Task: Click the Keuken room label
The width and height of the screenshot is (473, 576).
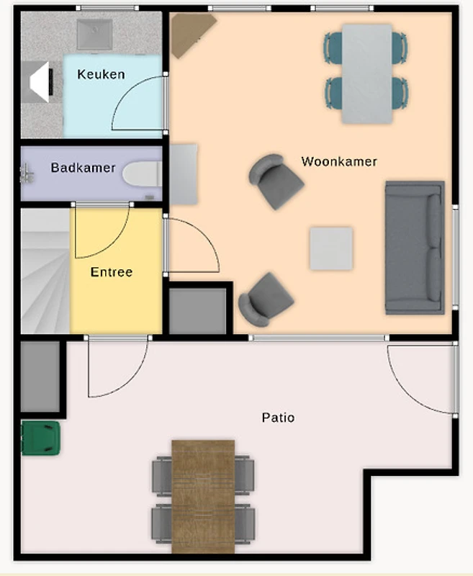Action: pyautogui.click(x=101, y=75)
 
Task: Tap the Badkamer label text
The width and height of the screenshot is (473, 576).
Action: pyautogui.click(x=83, y=168)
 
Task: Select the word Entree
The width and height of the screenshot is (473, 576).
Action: pyautogui.click(x=112, y=272)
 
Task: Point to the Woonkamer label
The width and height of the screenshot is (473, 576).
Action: pyautogui.click(x=339, y=161)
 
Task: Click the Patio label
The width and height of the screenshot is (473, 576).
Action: pyautogui.click(x=278, y=418)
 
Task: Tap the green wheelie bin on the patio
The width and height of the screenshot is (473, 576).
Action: pyautogui.click(x=40, y=438)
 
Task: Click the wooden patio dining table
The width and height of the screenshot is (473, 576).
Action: pyautogui.click(x=203, y=497)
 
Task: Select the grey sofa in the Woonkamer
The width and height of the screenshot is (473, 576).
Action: pyautogui.click(x=415, y=248)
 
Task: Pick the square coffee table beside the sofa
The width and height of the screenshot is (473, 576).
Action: pyautogui.click(x=331, y=248)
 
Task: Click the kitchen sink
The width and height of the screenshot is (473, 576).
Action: pyautogui.click(x=94, y=34)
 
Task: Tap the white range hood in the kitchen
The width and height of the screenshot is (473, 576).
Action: pyautogui.click(x=41, y=82)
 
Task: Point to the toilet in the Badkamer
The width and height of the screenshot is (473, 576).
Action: pyautogui.click(x=143, y=174)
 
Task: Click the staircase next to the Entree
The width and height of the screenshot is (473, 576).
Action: pyautogui.click(x=45, y=271)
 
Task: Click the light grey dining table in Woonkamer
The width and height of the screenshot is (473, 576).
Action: pyautogui.click(x=367, y=74)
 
